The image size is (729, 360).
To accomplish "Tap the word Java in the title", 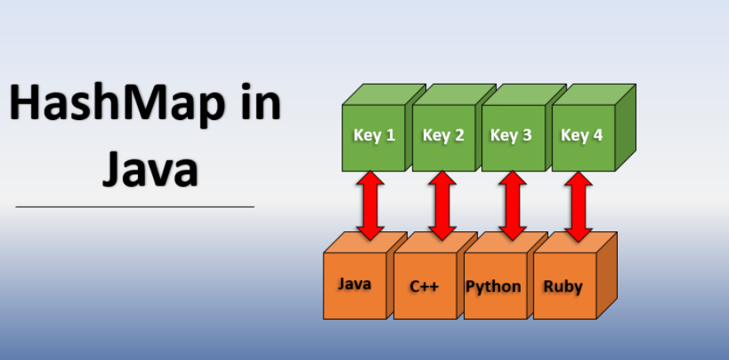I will point(149,168).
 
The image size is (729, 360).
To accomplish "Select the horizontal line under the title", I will point(135,207).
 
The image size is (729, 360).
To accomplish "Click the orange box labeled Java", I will point(354,284).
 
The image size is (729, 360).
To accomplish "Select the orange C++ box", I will point(424,286).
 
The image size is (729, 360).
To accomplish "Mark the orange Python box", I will point(493,286).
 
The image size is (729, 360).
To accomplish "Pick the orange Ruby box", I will point(563,286).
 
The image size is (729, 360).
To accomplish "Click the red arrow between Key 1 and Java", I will point(370,204).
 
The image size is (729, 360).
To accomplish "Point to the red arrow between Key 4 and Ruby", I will point(580,204).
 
